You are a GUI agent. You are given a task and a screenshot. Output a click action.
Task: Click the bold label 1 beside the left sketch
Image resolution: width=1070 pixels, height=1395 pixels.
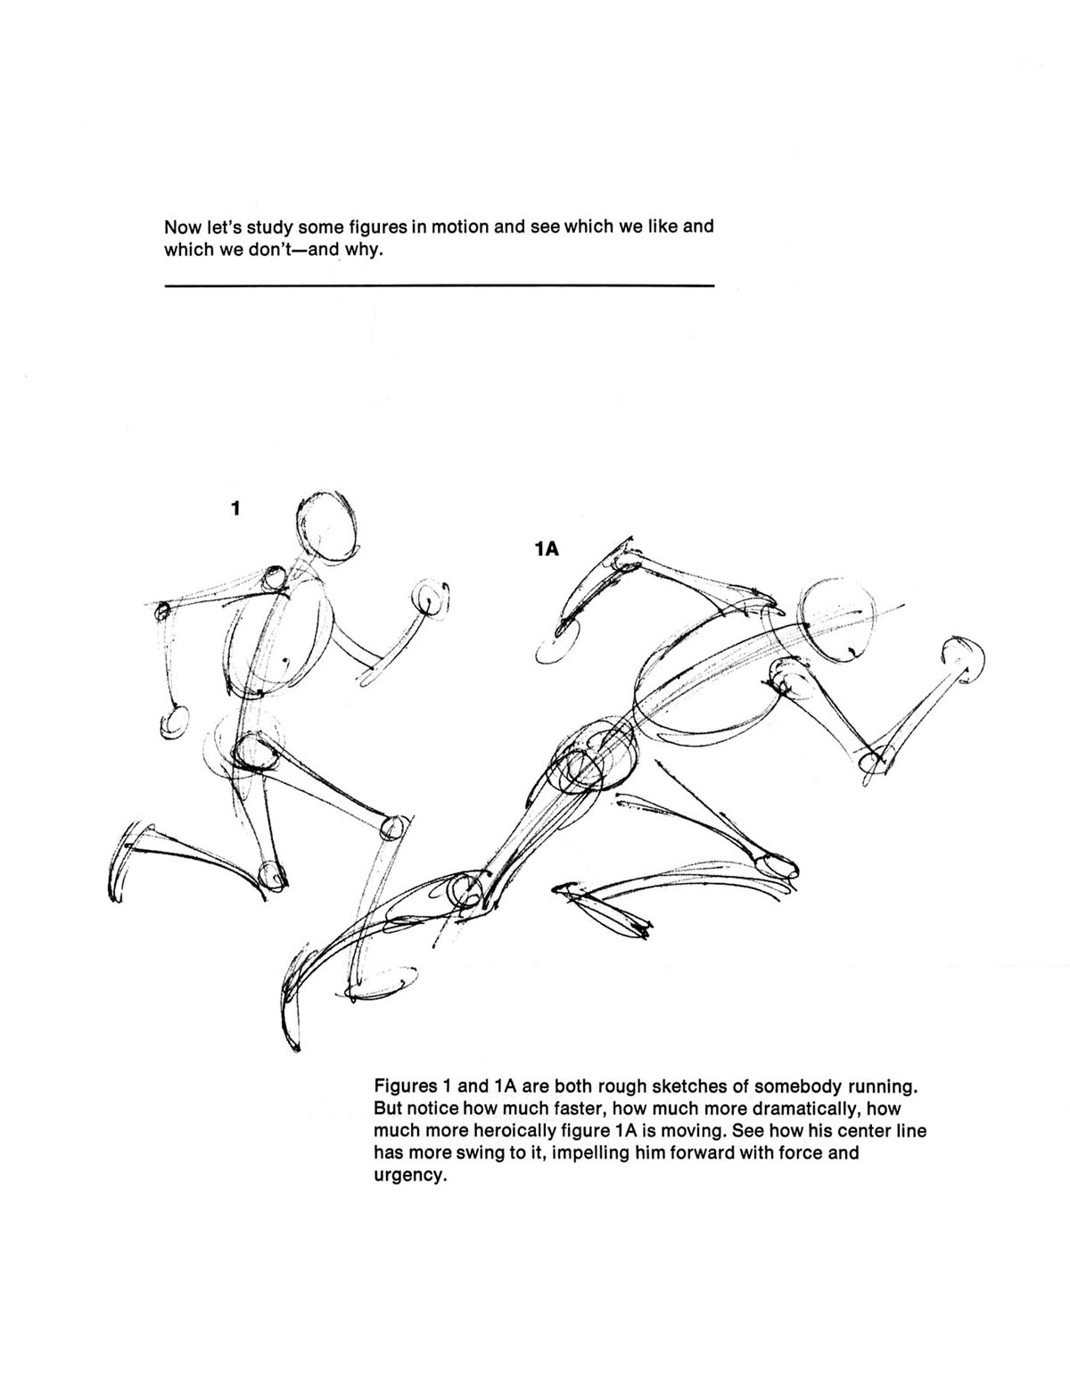235,509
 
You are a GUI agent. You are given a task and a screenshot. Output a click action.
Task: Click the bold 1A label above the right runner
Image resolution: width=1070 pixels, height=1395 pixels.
546,549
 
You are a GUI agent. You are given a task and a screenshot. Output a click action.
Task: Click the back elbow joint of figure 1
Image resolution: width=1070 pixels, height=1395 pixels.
162,611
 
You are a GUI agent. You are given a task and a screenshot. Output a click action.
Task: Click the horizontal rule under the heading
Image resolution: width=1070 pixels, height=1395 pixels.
439,285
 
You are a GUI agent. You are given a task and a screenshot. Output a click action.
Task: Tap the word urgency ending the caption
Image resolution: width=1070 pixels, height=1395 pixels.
408,1176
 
